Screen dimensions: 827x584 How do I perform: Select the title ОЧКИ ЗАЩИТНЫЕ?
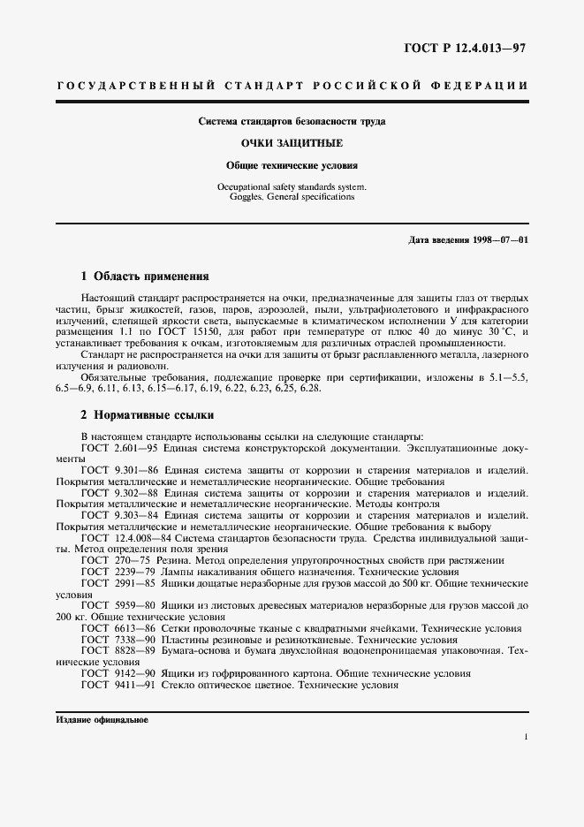point(292,142)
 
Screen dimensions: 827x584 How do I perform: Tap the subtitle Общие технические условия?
point(292,164)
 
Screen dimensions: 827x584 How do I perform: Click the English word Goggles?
point(234,197)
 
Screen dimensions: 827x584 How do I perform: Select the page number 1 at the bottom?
point(525,736)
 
